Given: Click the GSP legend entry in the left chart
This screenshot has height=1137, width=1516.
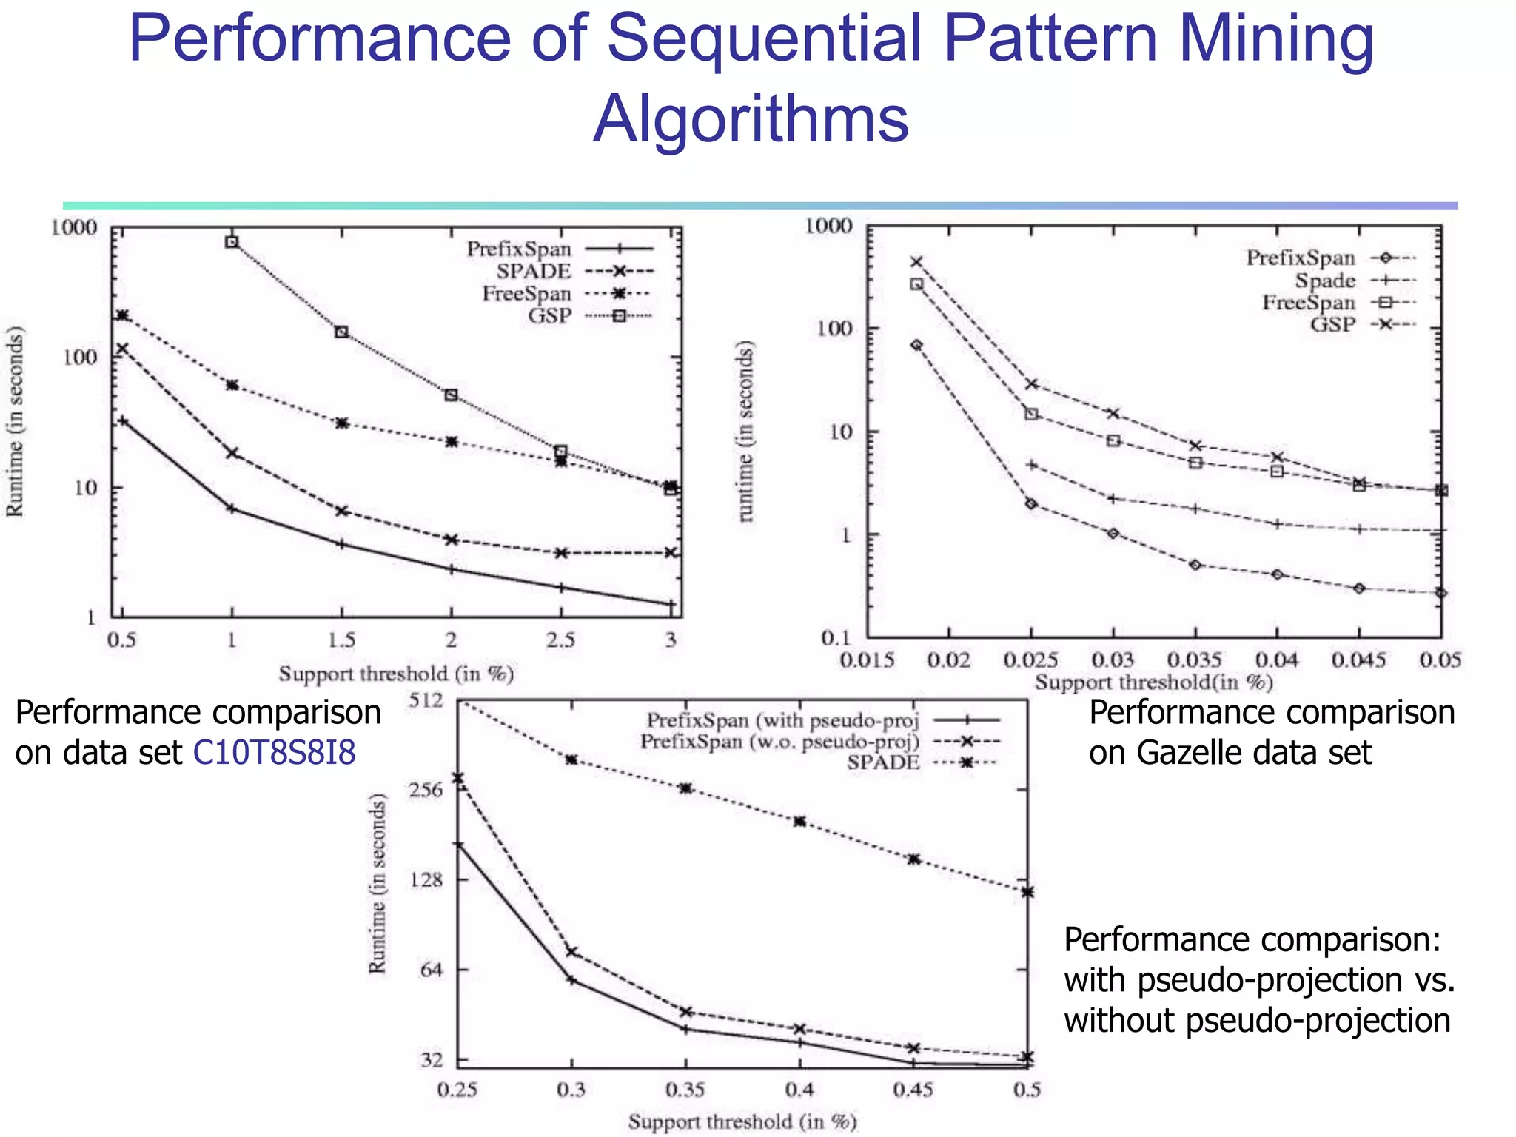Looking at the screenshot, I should pyautogui.click(x=550, y=317).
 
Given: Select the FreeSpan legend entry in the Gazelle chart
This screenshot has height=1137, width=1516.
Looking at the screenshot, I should pyautogui.click(x=1308, y=303).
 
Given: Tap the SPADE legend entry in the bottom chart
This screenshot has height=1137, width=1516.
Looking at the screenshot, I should pyautogui.click(x=883, y=762).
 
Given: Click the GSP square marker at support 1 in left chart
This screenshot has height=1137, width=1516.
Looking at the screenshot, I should pyautogui.click(x=232, y=242).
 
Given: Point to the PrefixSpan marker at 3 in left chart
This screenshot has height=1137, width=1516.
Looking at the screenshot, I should pyautogui.click(x=671, y=604).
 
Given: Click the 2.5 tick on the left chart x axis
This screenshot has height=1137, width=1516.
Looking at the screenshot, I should pyautogui.click(x=560, y=640).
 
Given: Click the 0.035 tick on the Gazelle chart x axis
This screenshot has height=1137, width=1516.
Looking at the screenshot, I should pyautogui.click(x=1194, y=659).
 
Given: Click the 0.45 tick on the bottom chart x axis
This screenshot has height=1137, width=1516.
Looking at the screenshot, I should pyautogui.click(x=913, y=1090).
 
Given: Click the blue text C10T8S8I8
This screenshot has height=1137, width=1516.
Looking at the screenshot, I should pyautogui.click(x=274, y=753).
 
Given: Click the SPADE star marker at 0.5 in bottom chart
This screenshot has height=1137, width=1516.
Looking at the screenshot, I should pyautogui.click(x=1027, y=892).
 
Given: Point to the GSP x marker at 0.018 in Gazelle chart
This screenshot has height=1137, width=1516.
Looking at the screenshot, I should pyautogui.click(x=916, y=261).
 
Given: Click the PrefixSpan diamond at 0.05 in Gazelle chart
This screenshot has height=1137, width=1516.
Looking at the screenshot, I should pyautogui.click(x=1440, y=593).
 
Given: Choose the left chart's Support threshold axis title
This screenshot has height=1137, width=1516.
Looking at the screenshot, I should pyautogui.click(x=396, y=674).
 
